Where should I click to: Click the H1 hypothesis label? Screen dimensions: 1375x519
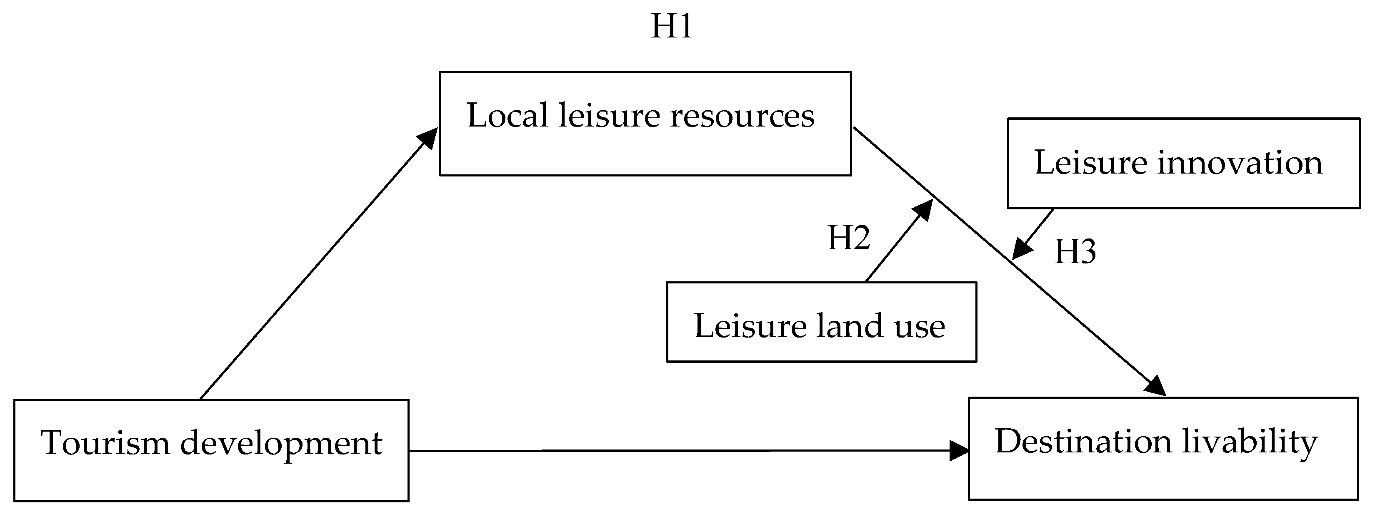[672, 26]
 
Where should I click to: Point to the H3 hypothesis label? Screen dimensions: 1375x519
[1075, 252]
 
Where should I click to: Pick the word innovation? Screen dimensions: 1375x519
[1240, 162]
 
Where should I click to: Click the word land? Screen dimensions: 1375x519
[849, 325]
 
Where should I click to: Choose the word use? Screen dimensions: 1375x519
[920, 328]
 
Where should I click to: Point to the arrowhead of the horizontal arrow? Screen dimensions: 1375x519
[959, 451]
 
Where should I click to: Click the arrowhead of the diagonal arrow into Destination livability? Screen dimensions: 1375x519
[1156, 386]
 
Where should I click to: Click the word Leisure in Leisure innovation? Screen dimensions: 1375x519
[1090, 162]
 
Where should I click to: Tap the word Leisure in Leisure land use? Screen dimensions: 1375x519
[750, 325]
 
